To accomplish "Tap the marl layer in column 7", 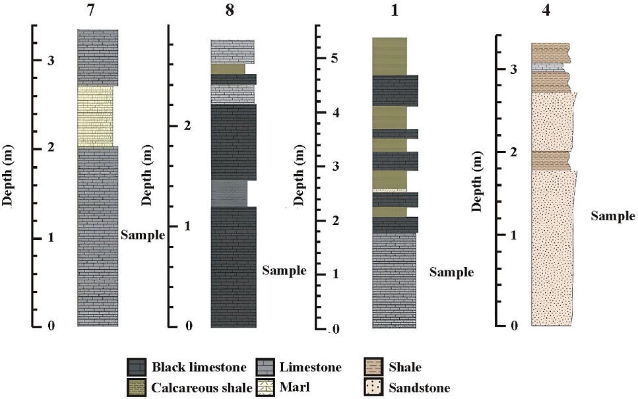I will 95,116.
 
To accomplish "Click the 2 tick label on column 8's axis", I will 188,125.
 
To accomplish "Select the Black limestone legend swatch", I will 139,367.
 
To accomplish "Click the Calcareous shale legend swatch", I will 139,388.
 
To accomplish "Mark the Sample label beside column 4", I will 612,216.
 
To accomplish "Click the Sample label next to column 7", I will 143,235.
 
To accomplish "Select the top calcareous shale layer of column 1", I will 389,56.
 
